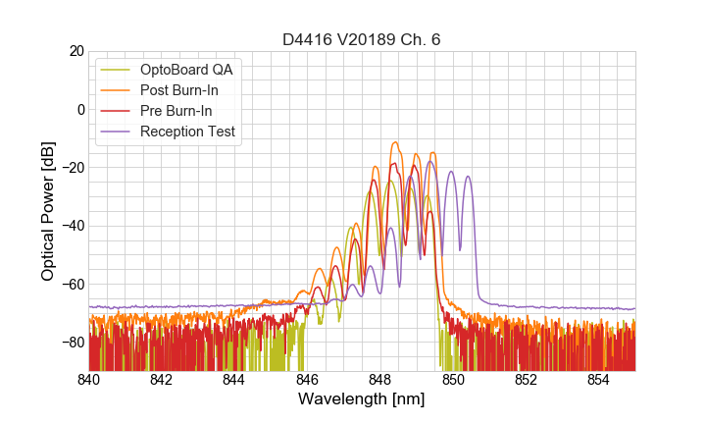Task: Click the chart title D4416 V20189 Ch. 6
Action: coord(361,40)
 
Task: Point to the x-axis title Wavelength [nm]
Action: coord(361,399)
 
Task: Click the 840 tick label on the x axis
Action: coord(89,380)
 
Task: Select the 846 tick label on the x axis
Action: coord(307,380)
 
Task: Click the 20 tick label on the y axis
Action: coord(76,51)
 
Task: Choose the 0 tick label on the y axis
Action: coord(79,109)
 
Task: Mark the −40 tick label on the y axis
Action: coord(72,226)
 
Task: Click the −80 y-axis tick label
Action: coord(72,343)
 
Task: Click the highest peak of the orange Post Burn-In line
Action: coord(395,142)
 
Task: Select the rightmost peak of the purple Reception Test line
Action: coord(468,177)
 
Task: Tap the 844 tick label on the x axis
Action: coord(234,380)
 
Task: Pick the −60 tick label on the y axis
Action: coord(72,284)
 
